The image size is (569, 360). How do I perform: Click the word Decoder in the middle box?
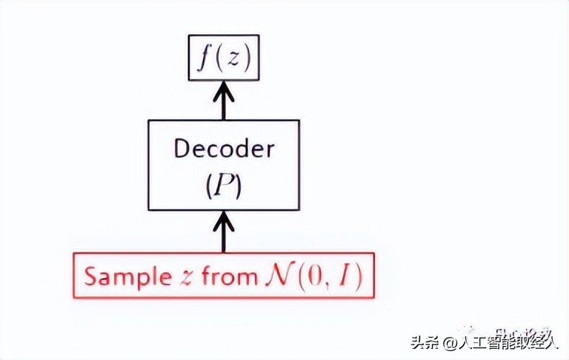[x=224, y=149]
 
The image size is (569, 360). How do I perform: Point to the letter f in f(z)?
[x=201, y=57]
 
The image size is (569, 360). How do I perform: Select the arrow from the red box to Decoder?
[x=224, y=231]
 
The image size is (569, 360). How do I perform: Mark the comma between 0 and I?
[x=312, y=285]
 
